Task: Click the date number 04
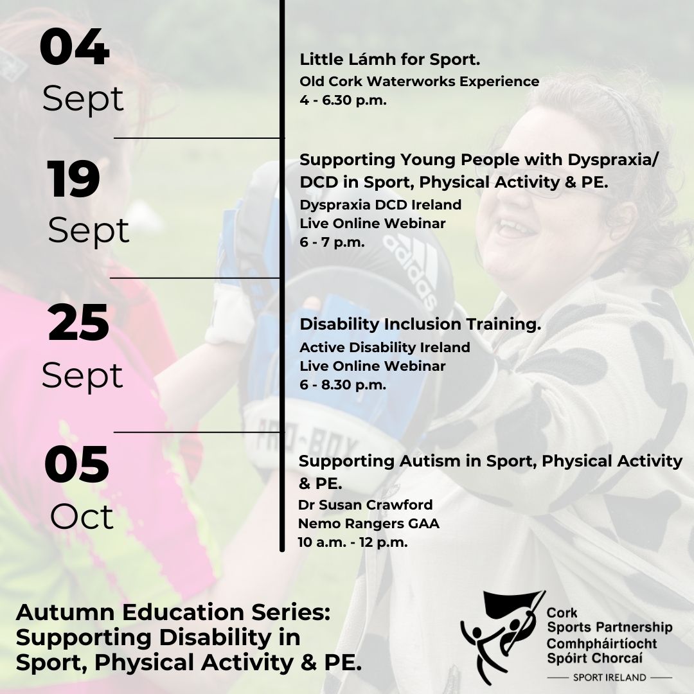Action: pyautogui.click(x=75, y=47)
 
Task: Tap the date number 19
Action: pyautogui.click(x=73, y=179)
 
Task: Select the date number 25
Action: pyautogui.click(x=78, y=323)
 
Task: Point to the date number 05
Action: pyautogui.click(x=76, y=465)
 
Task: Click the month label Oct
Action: pyautogui.click(x=82, y=516)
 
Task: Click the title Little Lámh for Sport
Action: pyautogui.click(x=390, y=59)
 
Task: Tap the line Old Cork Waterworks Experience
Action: pyautogui.click(x=419, y=82)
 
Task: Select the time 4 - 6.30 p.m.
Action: pyautogui.click(x=343, y=100)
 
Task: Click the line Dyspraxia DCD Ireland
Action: pyautogui.click(x=380, y=204)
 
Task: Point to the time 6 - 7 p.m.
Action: pyautogui.click(x=332, y=242)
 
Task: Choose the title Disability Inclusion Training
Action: pyautogui.click(x=420, y=324)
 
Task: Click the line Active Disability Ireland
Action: pyautogui.click(x=385, y=347)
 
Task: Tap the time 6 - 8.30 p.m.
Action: pyautogui.click(x=343, y=385)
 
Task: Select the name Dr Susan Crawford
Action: pyautogui.click(x=365, y=504)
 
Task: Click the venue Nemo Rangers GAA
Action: pyautogui.click(x=369, y=524)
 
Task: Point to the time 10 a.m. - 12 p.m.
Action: pyautogui.click(x=353, y=542)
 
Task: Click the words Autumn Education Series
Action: pyautogui.click(x=173, y=612)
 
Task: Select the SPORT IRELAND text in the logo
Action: pyautogui.click(x=609, y=677)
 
